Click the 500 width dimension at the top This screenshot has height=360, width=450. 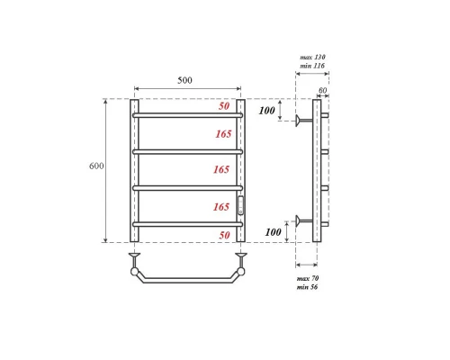tap(184, 80)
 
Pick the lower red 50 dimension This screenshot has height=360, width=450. tap(224, 234)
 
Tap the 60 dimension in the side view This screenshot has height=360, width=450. tap(323, 91)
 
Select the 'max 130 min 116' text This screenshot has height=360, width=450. tap(312, 61)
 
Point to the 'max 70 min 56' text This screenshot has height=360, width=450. tap(309, 283)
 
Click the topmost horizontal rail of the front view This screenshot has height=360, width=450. tap(187, 115)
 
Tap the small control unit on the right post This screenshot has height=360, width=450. tap(240, 206)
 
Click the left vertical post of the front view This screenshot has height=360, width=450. tap(135, 171)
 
